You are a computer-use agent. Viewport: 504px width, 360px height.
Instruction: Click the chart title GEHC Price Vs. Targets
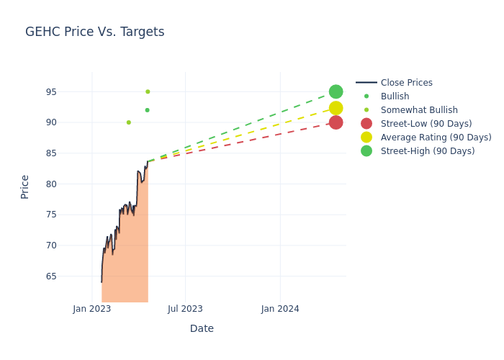click(94, 32)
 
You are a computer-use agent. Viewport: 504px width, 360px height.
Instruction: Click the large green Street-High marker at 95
click(336, 91)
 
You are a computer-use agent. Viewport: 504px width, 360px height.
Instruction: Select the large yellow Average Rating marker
click(336, 108)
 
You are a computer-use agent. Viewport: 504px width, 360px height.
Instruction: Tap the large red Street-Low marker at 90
click(336, 122)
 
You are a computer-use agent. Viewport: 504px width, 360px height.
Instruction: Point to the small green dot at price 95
click(148, 91)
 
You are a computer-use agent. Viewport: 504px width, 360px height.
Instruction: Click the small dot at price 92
click(147, 110)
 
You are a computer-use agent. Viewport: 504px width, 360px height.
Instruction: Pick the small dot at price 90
click(129, 122)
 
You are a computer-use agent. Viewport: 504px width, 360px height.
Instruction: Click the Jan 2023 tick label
click(92, 309)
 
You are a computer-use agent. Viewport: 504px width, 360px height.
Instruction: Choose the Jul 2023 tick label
click(185, 309)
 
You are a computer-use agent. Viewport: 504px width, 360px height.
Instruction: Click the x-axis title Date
click(202, 328)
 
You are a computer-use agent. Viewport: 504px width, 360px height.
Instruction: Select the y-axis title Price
click(25, 186)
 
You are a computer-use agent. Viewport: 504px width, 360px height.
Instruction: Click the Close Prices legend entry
click(406, 83)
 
